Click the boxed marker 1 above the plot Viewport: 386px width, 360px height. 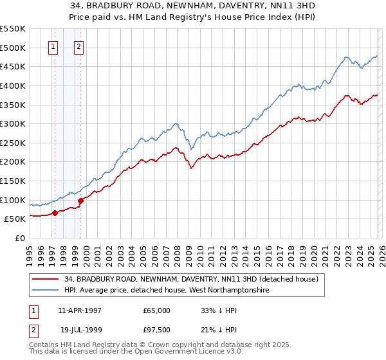[x=53, y=46]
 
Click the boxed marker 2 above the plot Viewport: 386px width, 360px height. [x=78, y=46]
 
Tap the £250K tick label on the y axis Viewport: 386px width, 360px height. [x=13, y=143]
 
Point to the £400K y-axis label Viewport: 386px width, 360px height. [x=13, y=85]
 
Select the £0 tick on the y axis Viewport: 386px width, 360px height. [x=20, y=238]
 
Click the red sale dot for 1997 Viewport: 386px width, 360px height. [x=55, y=213]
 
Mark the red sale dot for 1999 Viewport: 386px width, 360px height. [x=81, y=201]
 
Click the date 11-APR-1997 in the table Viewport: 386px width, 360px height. [x=79, y=310]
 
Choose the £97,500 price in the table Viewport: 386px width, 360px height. [x=157, y=328]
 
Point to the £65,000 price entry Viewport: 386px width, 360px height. [x=157, y=310]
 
